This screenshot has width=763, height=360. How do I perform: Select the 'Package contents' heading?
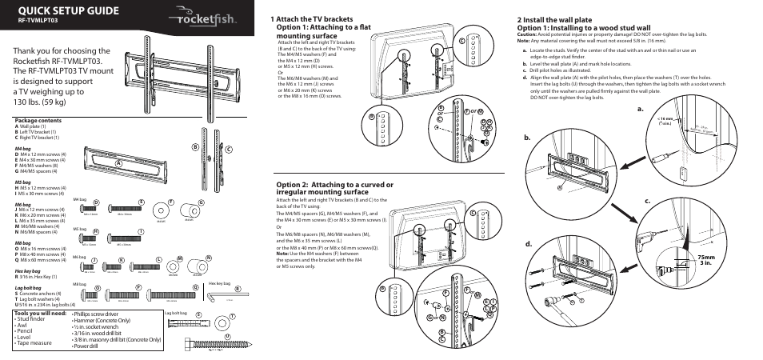coord(37,122)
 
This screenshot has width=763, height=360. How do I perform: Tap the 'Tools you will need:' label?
coord(40,314)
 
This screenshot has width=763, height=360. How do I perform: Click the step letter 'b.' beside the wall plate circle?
coord(529,138)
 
